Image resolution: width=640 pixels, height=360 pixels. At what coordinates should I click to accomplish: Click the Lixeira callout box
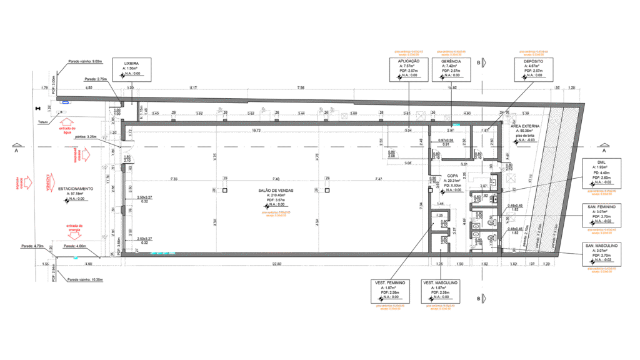click(132, 69)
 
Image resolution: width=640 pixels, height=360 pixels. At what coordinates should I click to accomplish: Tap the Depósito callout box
click(534, 69)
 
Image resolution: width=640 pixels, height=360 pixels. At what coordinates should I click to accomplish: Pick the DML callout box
click(601, 173)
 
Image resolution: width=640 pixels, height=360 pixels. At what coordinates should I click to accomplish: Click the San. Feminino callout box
click(601, 215)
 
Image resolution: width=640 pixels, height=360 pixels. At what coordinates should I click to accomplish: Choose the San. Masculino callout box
click(601, 254)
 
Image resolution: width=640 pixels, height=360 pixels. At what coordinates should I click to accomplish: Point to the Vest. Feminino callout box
click(390, 291)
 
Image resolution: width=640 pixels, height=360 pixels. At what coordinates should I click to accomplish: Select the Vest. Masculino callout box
click(441, 291)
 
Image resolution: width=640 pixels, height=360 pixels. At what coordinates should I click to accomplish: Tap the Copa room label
click(452, 181)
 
